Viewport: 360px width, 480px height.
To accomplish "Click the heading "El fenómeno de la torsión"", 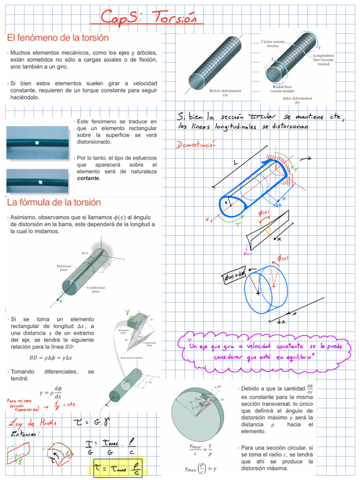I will [58, 37].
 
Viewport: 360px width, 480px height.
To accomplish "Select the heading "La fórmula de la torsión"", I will [54, 202].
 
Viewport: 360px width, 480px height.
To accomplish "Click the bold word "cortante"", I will [88, 179].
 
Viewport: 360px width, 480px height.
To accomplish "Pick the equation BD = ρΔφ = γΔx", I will [48, 358].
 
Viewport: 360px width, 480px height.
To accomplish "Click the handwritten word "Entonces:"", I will [25, 435].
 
